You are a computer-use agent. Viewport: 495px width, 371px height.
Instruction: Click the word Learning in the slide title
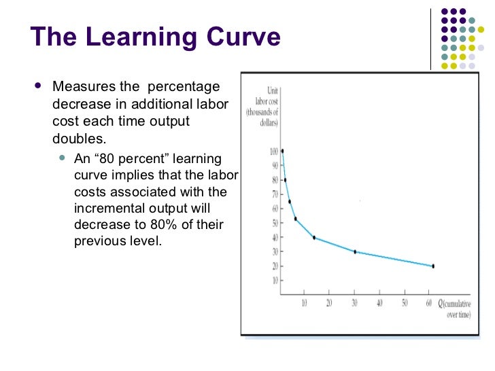tap(148, 37)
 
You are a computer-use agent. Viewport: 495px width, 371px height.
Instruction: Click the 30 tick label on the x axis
tap(354, 302)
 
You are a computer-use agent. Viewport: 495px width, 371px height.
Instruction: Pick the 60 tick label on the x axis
tap(429, 302)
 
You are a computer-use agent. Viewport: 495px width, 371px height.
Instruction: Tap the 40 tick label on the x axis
tap(379, 302)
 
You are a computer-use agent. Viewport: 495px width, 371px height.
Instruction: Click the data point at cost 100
tap(282, 151)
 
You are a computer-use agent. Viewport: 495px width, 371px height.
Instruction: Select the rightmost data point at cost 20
tap(432, 266)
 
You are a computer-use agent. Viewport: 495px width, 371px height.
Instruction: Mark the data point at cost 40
tap(313, 237)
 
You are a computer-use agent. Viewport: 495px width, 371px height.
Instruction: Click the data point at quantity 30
tap(355, 251)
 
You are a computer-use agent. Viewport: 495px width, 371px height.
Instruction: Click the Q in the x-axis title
tap(441, 302)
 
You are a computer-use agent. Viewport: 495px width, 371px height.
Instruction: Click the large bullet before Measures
tap(37, 87)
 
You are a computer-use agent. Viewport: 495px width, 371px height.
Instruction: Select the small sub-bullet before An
tap(63, 158)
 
